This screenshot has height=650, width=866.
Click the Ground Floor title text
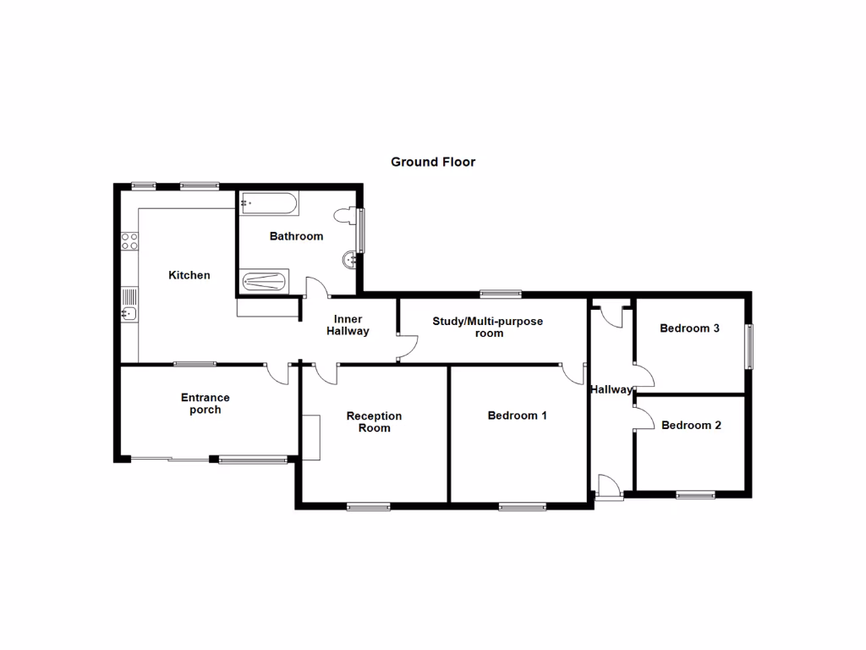432,162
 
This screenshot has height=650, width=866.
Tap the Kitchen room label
189,275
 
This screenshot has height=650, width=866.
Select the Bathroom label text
296,236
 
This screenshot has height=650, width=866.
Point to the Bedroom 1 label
518,416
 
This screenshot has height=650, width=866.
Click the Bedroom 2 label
691,425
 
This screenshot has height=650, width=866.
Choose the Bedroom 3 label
689,328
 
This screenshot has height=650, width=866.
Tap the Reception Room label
374,421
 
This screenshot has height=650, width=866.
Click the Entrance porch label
205,404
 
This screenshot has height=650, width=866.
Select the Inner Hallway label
348,325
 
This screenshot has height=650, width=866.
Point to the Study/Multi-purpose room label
488,327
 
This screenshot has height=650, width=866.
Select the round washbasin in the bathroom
349,260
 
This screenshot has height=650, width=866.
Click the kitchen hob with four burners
129,241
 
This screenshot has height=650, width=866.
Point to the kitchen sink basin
128,314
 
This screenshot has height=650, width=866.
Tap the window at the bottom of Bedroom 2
695,494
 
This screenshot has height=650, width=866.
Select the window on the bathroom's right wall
362,231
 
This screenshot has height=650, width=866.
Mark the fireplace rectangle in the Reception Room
311,437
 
